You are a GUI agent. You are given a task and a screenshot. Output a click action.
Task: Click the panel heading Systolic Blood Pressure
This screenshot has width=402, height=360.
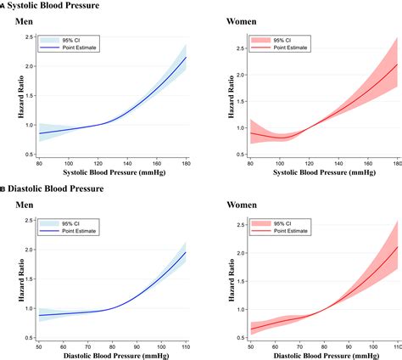pos(52,6)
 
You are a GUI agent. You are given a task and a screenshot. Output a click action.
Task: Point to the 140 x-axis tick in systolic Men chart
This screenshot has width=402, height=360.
pos(126,165)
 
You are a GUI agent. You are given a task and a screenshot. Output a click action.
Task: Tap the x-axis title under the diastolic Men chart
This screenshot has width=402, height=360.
pos(112,357)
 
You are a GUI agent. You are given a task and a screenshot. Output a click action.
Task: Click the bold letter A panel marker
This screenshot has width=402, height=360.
pos(3,6)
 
